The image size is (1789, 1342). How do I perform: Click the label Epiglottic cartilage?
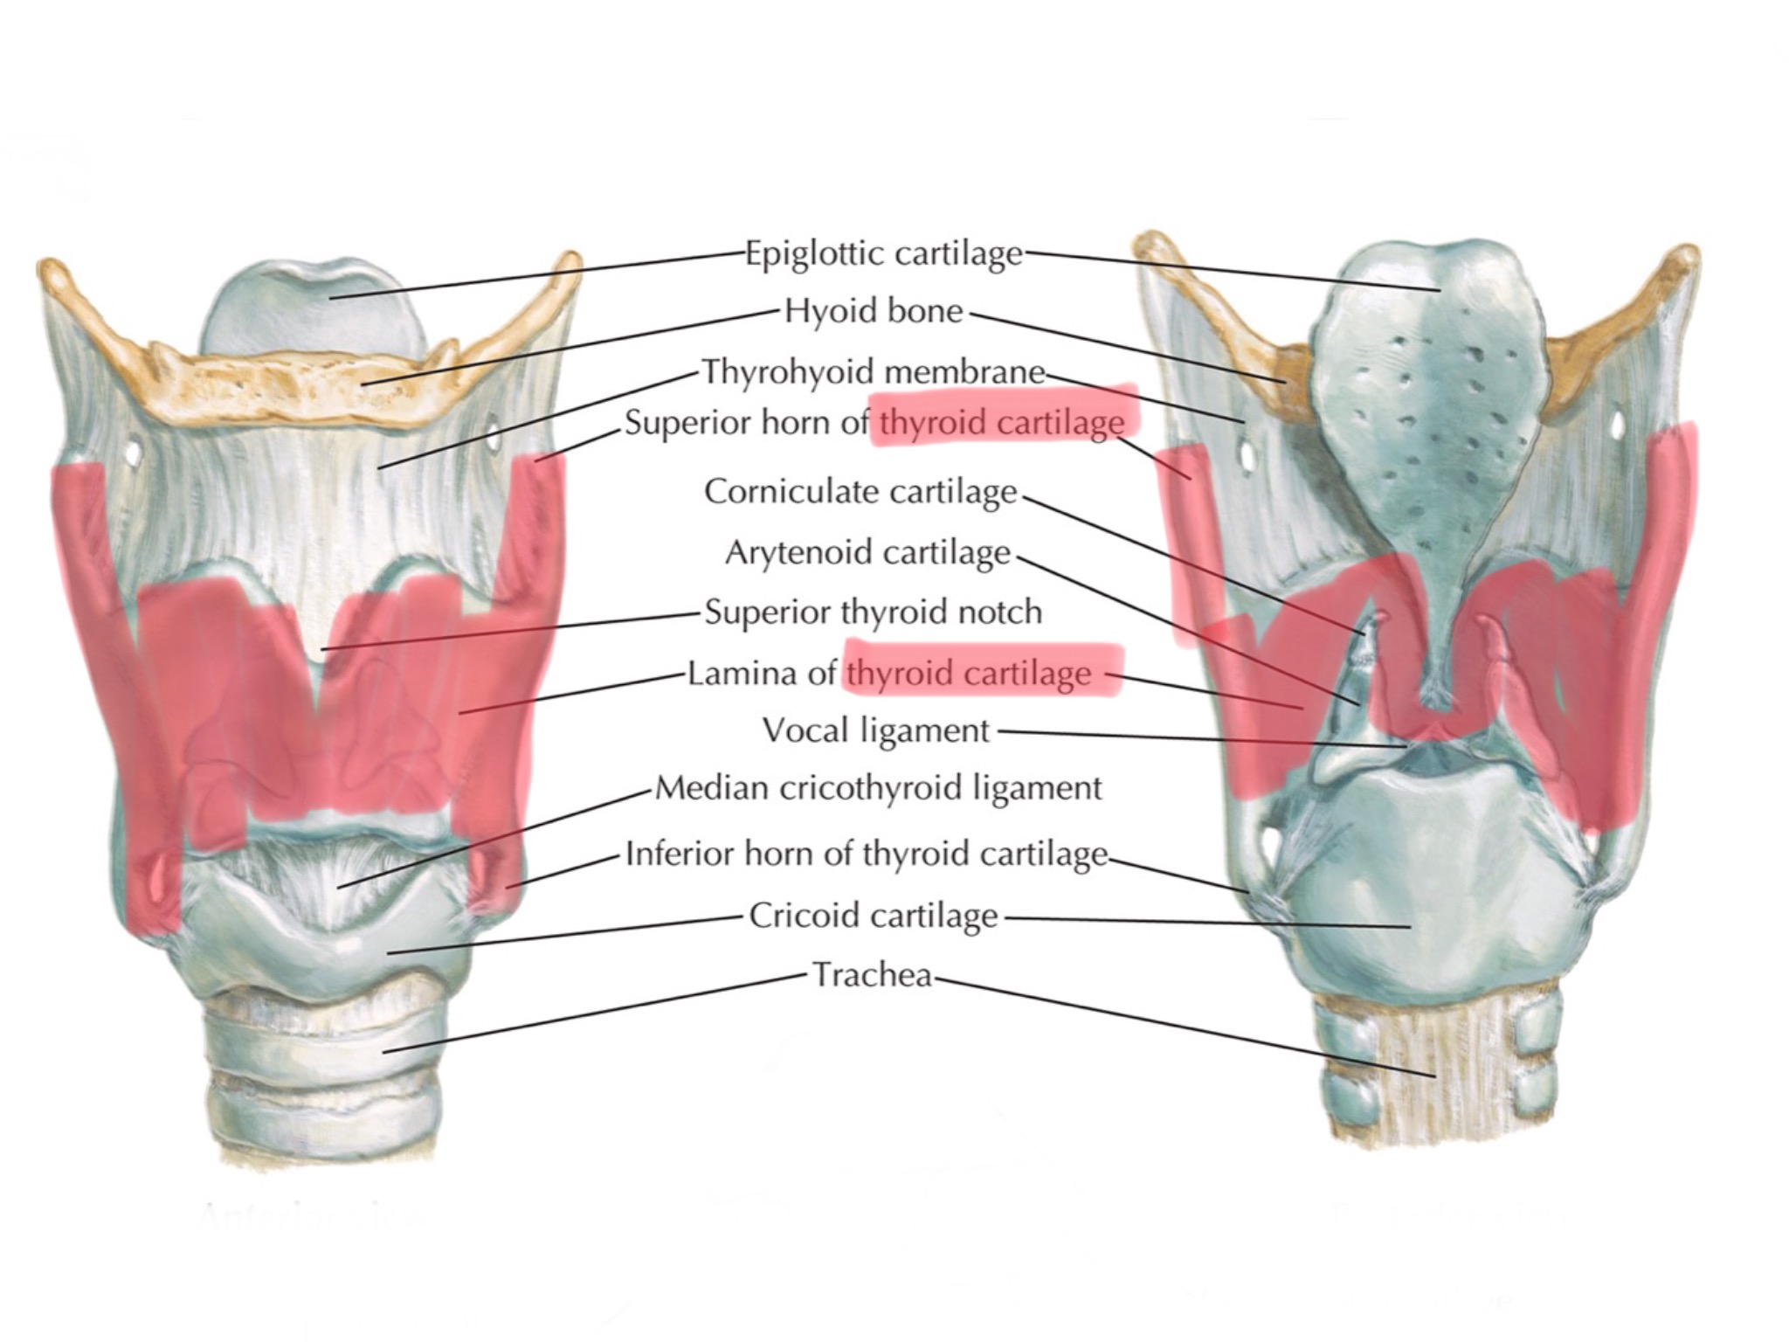coord(883,253)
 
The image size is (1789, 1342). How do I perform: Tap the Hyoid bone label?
coord(873,311)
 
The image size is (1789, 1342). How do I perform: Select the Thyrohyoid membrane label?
coord(874,372)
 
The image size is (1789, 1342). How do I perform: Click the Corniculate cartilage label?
coord(860,491)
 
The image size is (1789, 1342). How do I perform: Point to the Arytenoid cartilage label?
coord(867,552)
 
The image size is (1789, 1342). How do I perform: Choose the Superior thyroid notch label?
coord(873,612)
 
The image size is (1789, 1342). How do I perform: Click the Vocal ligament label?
coord(876,730)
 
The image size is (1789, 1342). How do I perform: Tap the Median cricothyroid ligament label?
coord(878,788)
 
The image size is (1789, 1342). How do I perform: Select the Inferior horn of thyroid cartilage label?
coord(867,853)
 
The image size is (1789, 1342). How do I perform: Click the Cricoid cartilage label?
coord(873,916)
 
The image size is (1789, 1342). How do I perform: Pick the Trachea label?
coord(873,974)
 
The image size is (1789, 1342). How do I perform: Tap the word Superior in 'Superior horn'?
coord(685,424)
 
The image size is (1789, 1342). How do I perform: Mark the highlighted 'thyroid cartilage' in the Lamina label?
coord(970,674)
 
